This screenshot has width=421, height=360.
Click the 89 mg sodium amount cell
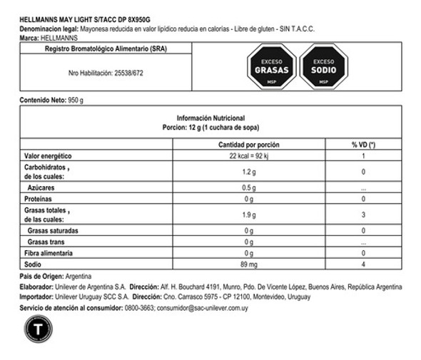[248, 264]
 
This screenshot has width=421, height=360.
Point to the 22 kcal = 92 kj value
[248, 155]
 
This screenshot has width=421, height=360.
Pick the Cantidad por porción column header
[248, 145]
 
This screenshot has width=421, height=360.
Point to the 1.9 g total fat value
[248, 215]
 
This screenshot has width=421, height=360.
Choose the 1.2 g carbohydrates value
[248, 172]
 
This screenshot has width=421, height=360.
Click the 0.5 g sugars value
[248, 188]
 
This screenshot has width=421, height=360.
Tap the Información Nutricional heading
[210, 118]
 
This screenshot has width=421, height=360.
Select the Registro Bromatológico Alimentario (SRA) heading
[107, 49]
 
